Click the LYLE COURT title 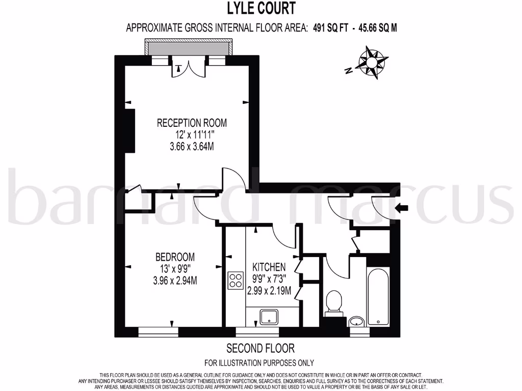(x=260, y=9)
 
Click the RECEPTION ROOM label (x=192, y=123)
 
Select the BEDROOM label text (x=175, y=258)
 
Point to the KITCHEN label (x=269, y=267)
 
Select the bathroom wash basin (x=357, y=321)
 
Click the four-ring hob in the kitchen (x=236, y=281)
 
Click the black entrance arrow (x=402, y=207)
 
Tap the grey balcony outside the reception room (x=189, y=48)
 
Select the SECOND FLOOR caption (x=260, y=349)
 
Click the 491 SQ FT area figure (x=329, y=28)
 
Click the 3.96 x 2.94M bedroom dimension (x=175, y=280)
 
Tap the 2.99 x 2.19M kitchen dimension (x=269, y=291)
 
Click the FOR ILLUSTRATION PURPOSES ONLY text (x=259, y=363)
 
